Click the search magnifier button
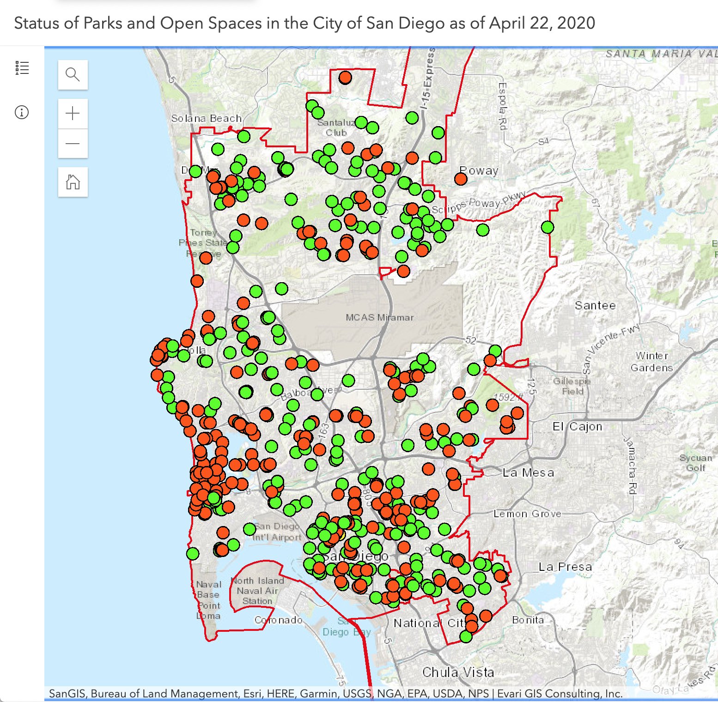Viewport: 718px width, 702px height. tap(73, 74)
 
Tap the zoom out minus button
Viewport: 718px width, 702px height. tap(73, 143)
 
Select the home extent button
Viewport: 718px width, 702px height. tap(73, 182)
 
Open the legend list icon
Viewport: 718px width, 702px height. tap(22, 68)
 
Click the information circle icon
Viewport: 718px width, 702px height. tap(22, 112)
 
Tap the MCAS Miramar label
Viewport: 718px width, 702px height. tap(379, 317)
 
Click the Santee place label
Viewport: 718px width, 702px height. tap(595, 305)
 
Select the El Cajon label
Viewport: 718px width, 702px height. tap(578, 426)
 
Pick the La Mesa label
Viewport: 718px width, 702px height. tap(528, 472)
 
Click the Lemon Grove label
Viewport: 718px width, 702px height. tap(527, 514)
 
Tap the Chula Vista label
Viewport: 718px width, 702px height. tap(458, 672)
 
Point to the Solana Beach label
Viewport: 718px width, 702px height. tap(206, 118)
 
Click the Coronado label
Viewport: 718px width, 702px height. tap(279, 620)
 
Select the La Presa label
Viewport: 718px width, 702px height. tap(565, 567)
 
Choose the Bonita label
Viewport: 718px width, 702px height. tap(528, 620)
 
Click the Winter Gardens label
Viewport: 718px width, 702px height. tap(651, 362)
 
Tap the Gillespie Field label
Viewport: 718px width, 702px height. tap(572, 386)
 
